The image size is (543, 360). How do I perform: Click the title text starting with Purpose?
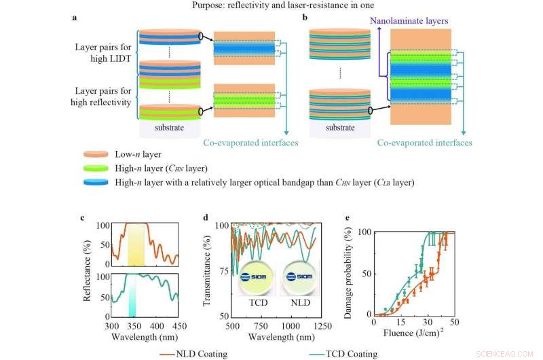coord(271,5)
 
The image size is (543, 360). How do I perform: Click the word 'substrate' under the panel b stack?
coord(337,126)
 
